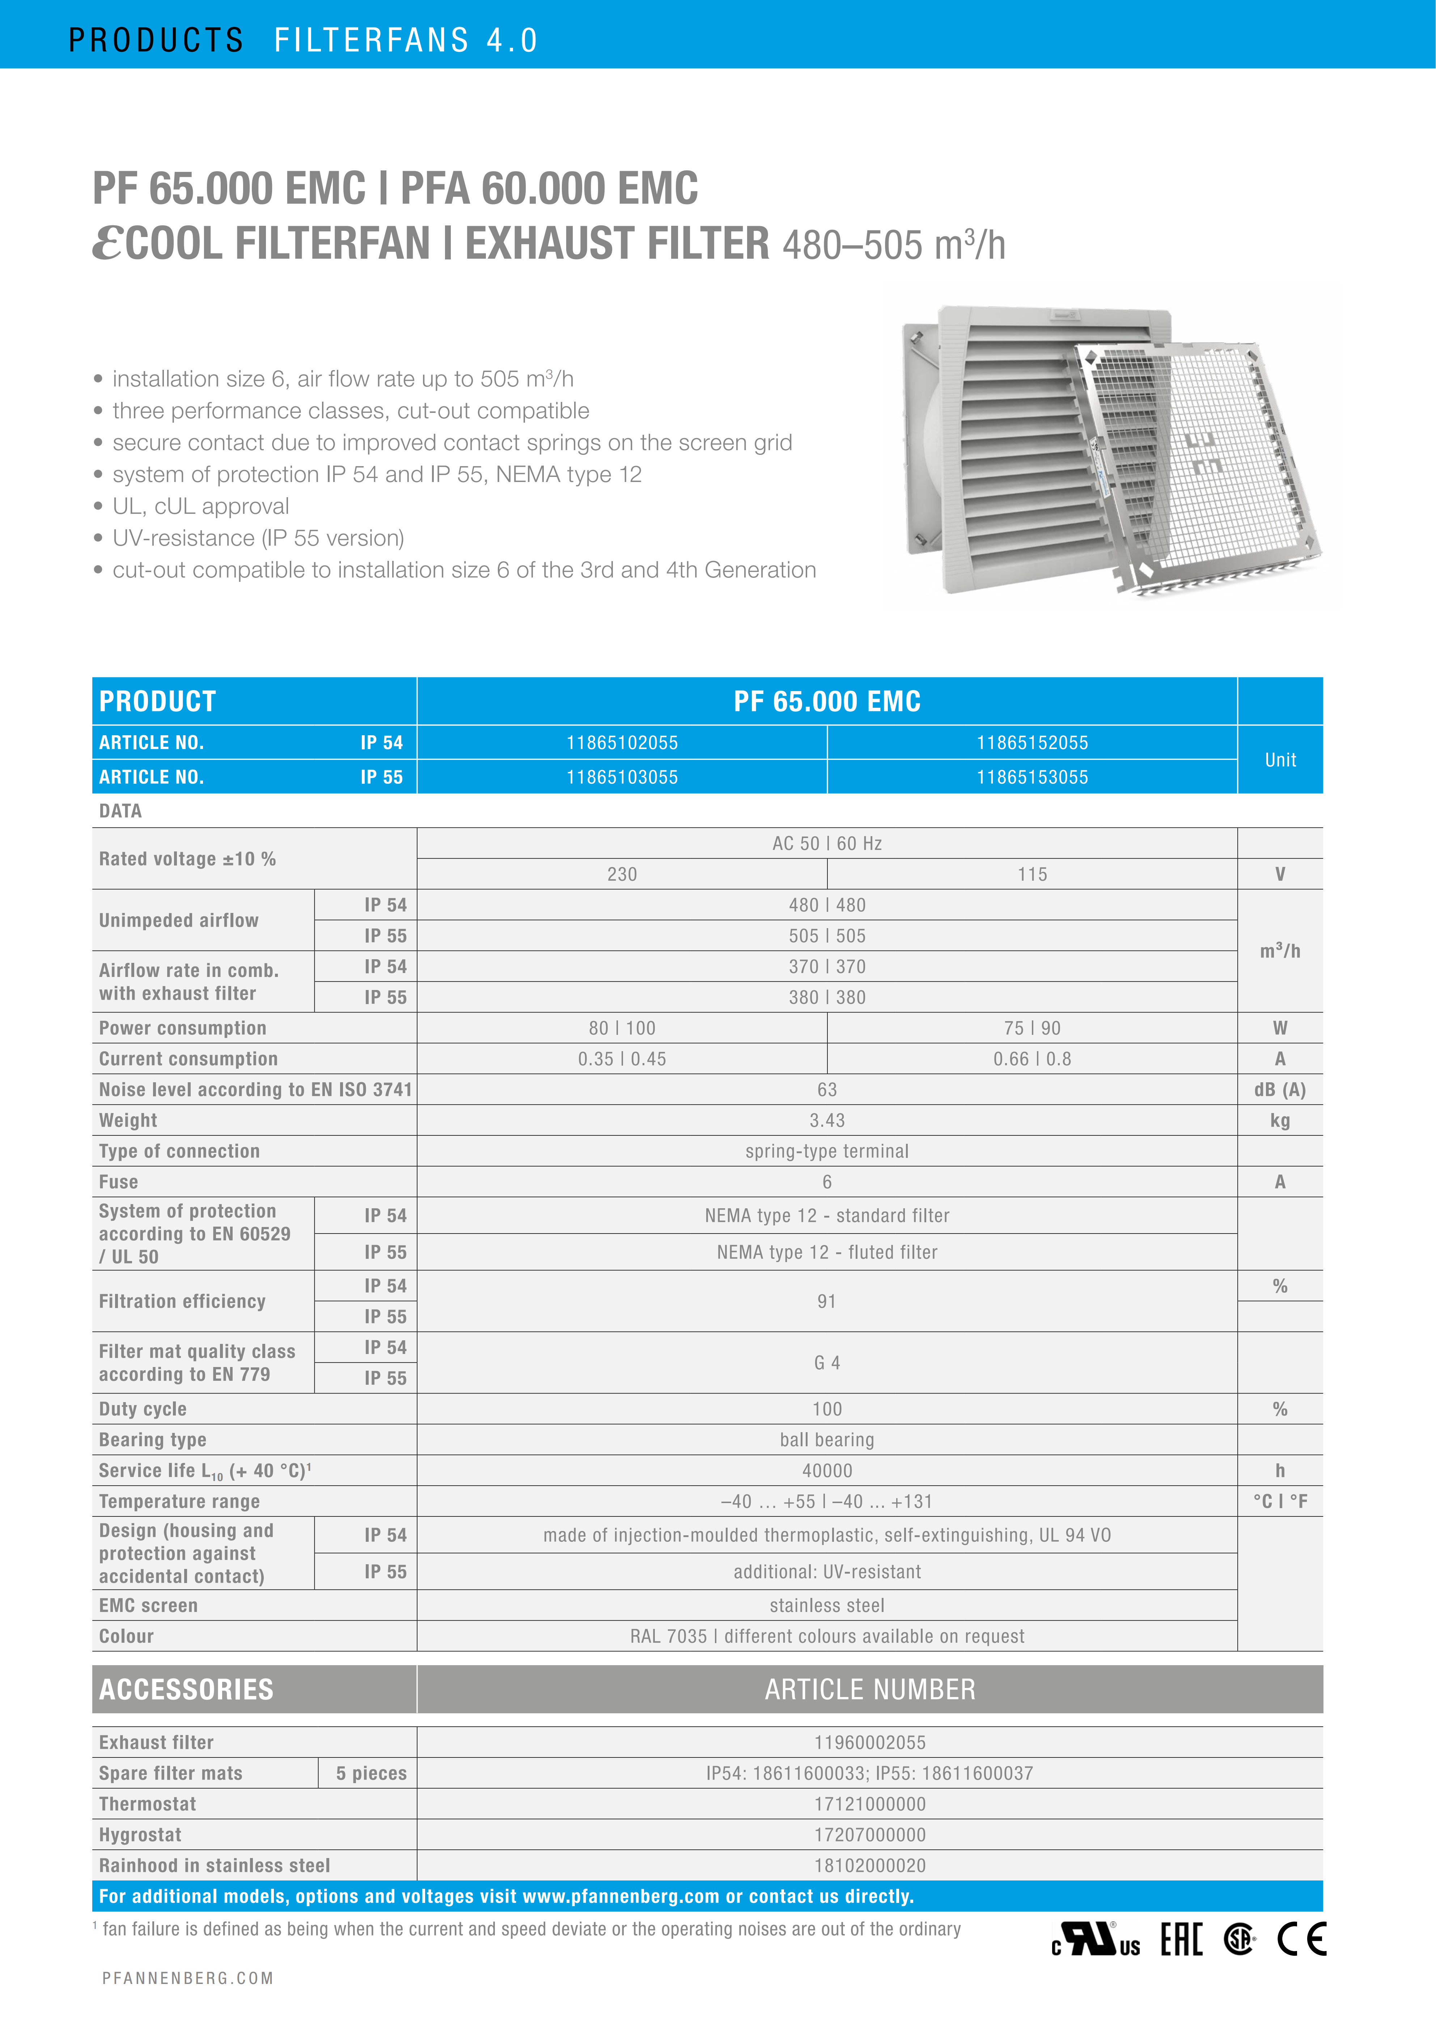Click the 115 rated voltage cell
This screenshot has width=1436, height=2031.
[x=1032, y=874]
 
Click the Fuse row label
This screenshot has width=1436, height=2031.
[x=118, y=1182]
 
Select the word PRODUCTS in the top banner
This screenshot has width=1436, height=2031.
[x=156, y=40]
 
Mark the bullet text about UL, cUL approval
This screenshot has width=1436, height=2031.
[x=201, y=506]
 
